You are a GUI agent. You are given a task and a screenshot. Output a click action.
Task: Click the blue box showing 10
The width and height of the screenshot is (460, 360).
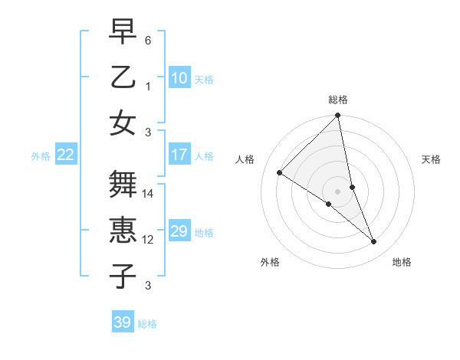click(179, 77)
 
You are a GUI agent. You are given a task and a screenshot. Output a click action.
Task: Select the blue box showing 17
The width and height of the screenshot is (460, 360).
click(179, 155)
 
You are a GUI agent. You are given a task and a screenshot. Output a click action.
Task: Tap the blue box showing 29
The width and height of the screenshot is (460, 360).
click(179, 231)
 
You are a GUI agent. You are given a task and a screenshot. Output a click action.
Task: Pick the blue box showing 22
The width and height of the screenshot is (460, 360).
click(66, 155)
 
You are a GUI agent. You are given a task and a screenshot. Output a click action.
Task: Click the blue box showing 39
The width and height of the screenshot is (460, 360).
click(123, 322)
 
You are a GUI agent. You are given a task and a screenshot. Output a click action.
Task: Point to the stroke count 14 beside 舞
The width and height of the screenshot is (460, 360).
click(149, 195)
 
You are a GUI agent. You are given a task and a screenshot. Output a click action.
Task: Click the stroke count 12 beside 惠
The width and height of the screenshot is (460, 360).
click(149, 240)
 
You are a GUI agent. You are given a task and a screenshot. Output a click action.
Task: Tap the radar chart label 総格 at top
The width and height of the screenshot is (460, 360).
click(338, 100)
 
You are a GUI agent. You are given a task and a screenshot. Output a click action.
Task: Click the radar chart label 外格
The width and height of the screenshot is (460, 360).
click(270, 262)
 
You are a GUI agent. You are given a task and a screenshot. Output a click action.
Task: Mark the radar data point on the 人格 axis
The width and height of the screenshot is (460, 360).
click(280, 173)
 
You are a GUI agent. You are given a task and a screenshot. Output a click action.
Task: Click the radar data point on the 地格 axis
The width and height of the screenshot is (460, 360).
click(374, 241)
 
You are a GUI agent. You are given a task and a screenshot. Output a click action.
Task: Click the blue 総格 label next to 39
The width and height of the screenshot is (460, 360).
click(147, 324)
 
